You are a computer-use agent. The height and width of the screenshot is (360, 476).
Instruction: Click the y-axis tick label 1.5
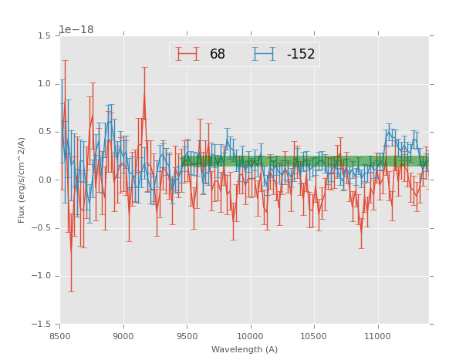44,36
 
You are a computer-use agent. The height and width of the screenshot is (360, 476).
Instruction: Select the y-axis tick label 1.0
44,84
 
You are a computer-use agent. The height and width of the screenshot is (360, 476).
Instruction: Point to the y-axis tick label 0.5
44,132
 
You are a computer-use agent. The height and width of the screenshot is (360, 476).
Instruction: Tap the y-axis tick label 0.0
44,180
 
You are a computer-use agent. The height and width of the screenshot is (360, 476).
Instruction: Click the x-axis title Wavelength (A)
245,349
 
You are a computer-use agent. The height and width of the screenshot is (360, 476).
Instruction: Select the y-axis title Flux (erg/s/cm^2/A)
22,180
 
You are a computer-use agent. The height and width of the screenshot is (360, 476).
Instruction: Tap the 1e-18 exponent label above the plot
76,30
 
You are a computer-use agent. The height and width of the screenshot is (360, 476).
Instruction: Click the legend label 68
218,55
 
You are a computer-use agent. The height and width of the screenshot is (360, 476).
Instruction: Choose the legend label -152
301,55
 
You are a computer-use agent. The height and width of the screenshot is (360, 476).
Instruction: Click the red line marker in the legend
187,54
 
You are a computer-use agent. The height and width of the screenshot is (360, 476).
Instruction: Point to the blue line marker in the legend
265,54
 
